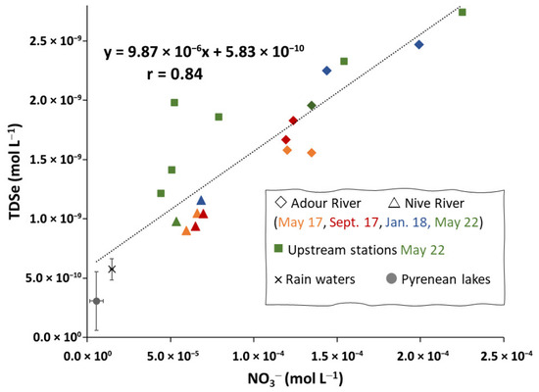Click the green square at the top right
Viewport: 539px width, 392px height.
pyautogui.click(x=463, y=13)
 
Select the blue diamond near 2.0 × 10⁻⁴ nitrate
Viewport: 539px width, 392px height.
pyautogui.click(x=419, y=45)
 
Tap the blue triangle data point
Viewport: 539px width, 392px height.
pyautogui.click(x=201, y=201)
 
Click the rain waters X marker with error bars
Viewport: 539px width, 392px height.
pyautogui.click(x=112, y=269)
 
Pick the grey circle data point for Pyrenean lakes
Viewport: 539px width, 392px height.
pyautogui.click(x=97, y=301)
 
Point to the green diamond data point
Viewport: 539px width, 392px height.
pyautogui.click(x=312, y=106)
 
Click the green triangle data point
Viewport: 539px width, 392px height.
pyautogui.click(x=176, y=221)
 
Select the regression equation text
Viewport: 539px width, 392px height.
pyautogui.click(x=204, y=52)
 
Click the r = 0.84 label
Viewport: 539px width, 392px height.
pyautogui.click(x=175, y=73)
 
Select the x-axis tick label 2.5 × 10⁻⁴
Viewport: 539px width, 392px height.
pyautogui.click(x=507, y=356)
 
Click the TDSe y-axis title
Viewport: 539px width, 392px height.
pyautogui.click(x=15, y=171)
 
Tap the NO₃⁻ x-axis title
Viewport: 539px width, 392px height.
pyautogui.click(x=295, y=379)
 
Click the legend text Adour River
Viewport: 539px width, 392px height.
pyautogui.click(x=326, y=203)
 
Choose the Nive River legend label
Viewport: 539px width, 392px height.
pyautogui.click(x=434, y=203)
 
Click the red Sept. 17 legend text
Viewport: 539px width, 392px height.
pyautogui.click(x=354, y=222)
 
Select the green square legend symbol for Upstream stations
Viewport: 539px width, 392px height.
pyautogui.click(x=278, y=248)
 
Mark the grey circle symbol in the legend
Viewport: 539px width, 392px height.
pyautogui.click(x=392, y=278)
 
